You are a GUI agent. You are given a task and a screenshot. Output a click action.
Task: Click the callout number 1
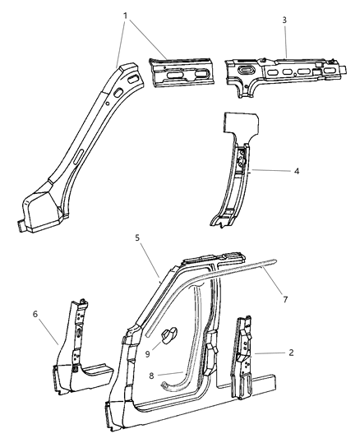coord(126,16)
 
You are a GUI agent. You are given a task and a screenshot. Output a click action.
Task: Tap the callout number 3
coord(284,20)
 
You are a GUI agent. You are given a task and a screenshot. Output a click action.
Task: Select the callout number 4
coord(297,171)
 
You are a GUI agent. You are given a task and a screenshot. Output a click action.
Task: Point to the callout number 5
coord(137,237)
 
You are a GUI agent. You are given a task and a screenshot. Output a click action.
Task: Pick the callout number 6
coord(35,314)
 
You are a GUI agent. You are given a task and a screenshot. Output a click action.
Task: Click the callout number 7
coord(285,300)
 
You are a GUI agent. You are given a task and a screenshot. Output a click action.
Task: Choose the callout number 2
coord(291,353)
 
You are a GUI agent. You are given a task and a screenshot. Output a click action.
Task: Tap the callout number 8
coord(152,376)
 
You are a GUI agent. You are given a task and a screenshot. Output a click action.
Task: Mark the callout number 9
coord(147,354)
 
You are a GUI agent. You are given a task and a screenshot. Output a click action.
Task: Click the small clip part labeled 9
coord(169,334)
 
